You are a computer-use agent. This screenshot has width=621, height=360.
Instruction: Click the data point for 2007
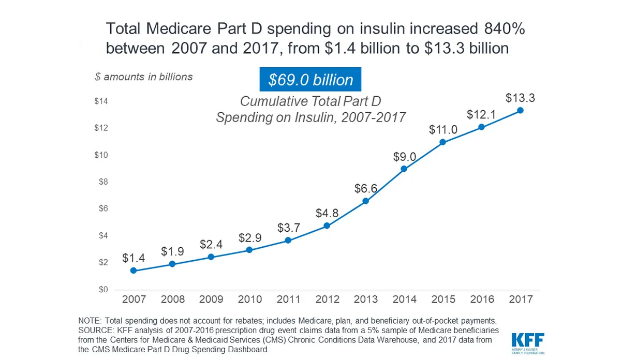coord(134,271)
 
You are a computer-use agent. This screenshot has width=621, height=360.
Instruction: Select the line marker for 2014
coord(404,169)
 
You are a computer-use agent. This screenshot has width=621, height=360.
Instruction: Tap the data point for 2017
coord(520,110)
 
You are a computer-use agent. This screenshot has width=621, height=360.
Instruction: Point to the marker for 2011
coord(288,240)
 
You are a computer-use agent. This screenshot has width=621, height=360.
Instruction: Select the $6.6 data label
coord(365,188)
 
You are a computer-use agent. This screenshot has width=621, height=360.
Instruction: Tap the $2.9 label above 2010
coord(249,238)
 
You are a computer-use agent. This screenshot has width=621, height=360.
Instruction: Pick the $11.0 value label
coord(443,129)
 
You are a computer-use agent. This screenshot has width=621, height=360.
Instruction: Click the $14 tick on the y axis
coord(101,101)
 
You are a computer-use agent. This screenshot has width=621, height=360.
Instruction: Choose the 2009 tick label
coord(211,299)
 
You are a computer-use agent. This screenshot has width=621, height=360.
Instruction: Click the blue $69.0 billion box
coord(310,80)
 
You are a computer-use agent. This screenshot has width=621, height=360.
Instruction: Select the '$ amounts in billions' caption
coord(143,77)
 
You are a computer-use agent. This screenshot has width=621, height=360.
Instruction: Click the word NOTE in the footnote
coord(89,320)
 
